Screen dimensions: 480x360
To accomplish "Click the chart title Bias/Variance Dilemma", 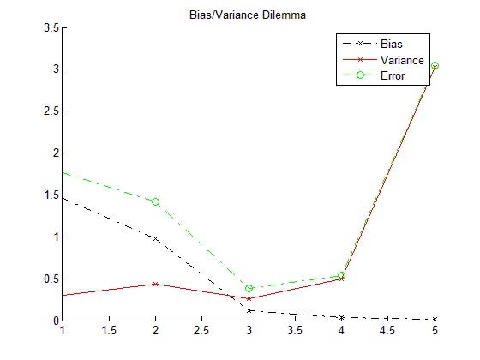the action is pos(248,15).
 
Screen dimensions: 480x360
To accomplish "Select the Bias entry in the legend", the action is pos(391,44).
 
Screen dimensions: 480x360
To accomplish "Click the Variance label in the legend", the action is pos(402,60).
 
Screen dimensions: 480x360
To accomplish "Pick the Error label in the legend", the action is pos(393,75).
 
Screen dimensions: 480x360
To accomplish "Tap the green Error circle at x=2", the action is pos(155,202).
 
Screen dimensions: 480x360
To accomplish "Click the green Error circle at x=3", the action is pos(249,288).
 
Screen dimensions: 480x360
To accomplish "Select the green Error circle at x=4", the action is pos(342,275).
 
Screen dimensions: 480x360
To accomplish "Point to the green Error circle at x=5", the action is pos(435,65).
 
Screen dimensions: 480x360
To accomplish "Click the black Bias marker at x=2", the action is pos(155,238).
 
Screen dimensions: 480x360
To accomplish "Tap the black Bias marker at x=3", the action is pos(249,310).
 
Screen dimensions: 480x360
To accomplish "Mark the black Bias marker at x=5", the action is pos(435,319).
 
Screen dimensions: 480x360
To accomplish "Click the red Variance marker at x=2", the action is pos(155,284).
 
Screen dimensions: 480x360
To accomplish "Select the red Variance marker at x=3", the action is pos(249,298).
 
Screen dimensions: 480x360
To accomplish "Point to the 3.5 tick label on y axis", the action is pos(51,27).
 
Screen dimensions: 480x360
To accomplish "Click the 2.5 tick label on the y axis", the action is pos(51,111).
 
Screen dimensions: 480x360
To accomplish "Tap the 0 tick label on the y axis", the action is pos(56,321).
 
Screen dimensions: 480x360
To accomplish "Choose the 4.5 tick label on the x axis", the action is pos(387,331).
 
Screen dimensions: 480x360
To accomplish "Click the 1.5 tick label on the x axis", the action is pos(109,331).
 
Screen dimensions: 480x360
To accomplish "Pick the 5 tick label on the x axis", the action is pos(435,331).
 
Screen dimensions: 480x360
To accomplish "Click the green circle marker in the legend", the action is pos(360,75).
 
